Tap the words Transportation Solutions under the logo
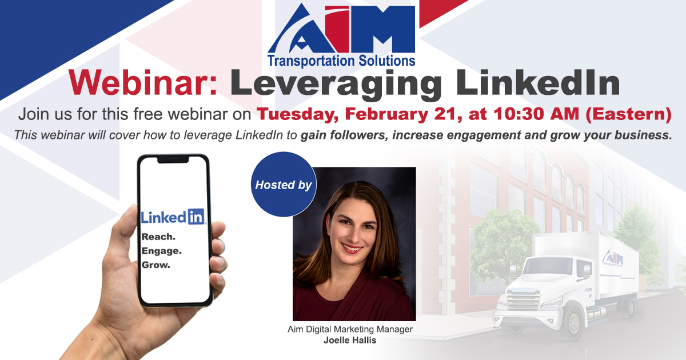tap(342, 59)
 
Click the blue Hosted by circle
tap(284, 185)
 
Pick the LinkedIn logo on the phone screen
tap(173, 217)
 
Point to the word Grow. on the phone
tap(156, 265)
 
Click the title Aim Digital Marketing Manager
tap(350, 330)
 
